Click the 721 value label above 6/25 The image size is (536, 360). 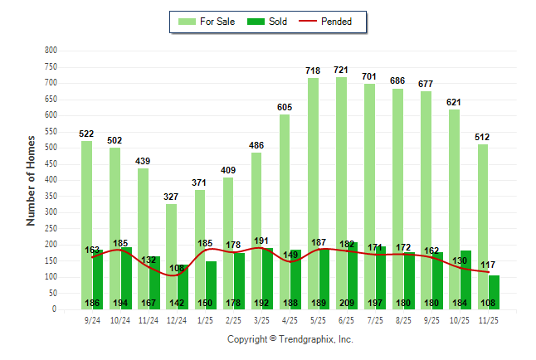click(x=341, y=70)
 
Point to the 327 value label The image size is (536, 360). click(x=171, y=197)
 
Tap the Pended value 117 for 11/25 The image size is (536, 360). click(x=490, y=265)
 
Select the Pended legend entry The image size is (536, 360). click(x=330, y=22)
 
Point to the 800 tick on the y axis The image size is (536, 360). click(x=51, y=51)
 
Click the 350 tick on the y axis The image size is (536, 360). click(x=51, y=197)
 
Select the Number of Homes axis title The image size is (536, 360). click(x=32, y=180)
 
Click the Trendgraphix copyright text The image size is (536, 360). click(x=290, y=339)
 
